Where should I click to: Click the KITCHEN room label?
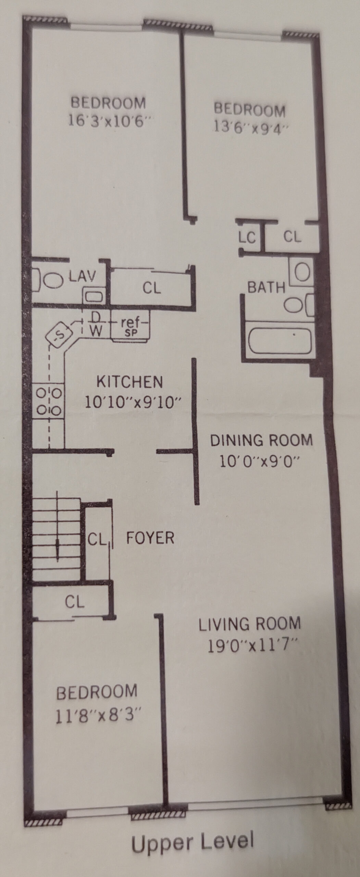[129, 382]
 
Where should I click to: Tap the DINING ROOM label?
[261, 440]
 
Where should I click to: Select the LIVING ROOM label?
[250, 623]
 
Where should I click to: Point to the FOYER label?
[150, 538]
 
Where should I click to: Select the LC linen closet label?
[247, 237]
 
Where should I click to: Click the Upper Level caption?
[193, 841]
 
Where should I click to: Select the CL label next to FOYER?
[97, 540]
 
